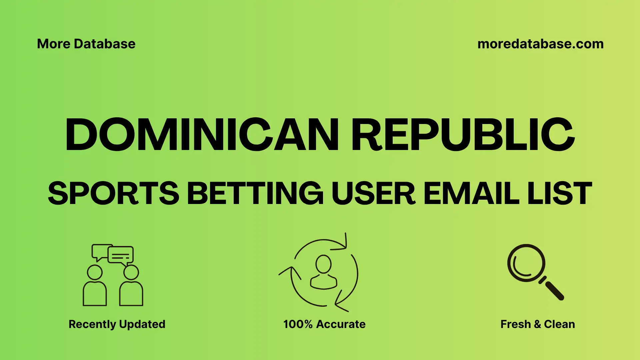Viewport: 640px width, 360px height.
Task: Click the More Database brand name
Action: pyautogui.click(x=86, y=44)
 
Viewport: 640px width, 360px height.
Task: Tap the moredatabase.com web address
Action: pyautogui.click(x=540, y=44)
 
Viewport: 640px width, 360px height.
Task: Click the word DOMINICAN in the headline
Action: pyautogui.click(x=202, y=135)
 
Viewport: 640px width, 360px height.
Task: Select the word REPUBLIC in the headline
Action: pyautogui.click(x=463, y=135)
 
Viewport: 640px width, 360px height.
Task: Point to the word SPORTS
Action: pyautogui.click(x=114, y=193)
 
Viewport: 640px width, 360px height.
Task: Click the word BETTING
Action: pyautogui.click(x=255, y=193)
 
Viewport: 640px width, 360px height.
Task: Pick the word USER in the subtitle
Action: pyautogui.click(x=373, y=193)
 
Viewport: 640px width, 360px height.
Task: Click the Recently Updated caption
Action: pyautogui.click(x=117, y=324)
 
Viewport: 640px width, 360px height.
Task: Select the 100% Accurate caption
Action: pyautogui.click(x=324, y=324)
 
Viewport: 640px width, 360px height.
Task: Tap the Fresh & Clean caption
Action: pyautogui.click(x=538, y=324)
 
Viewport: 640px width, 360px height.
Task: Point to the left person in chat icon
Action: pyautogui.click(x=95, y=287)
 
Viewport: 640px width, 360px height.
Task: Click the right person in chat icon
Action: pyautogui.click(x=131, y=287)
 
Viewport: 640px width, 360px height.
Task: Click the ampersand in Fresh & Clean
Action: pyautogui.click(x=537, y=324)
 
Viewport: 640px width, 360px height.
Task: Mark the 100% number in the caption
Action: pyautogui.click(x=298, y=324)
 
